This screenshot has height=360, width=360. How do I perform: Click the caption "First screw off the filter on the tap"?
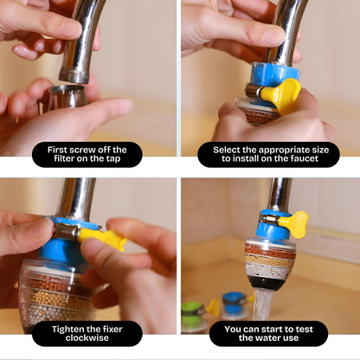(87, 155)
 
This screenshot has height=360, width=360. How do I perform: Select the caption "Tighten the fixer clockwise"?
(87, 334)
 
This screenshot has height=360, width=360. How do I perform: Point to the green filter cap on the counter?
(191, 311)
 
